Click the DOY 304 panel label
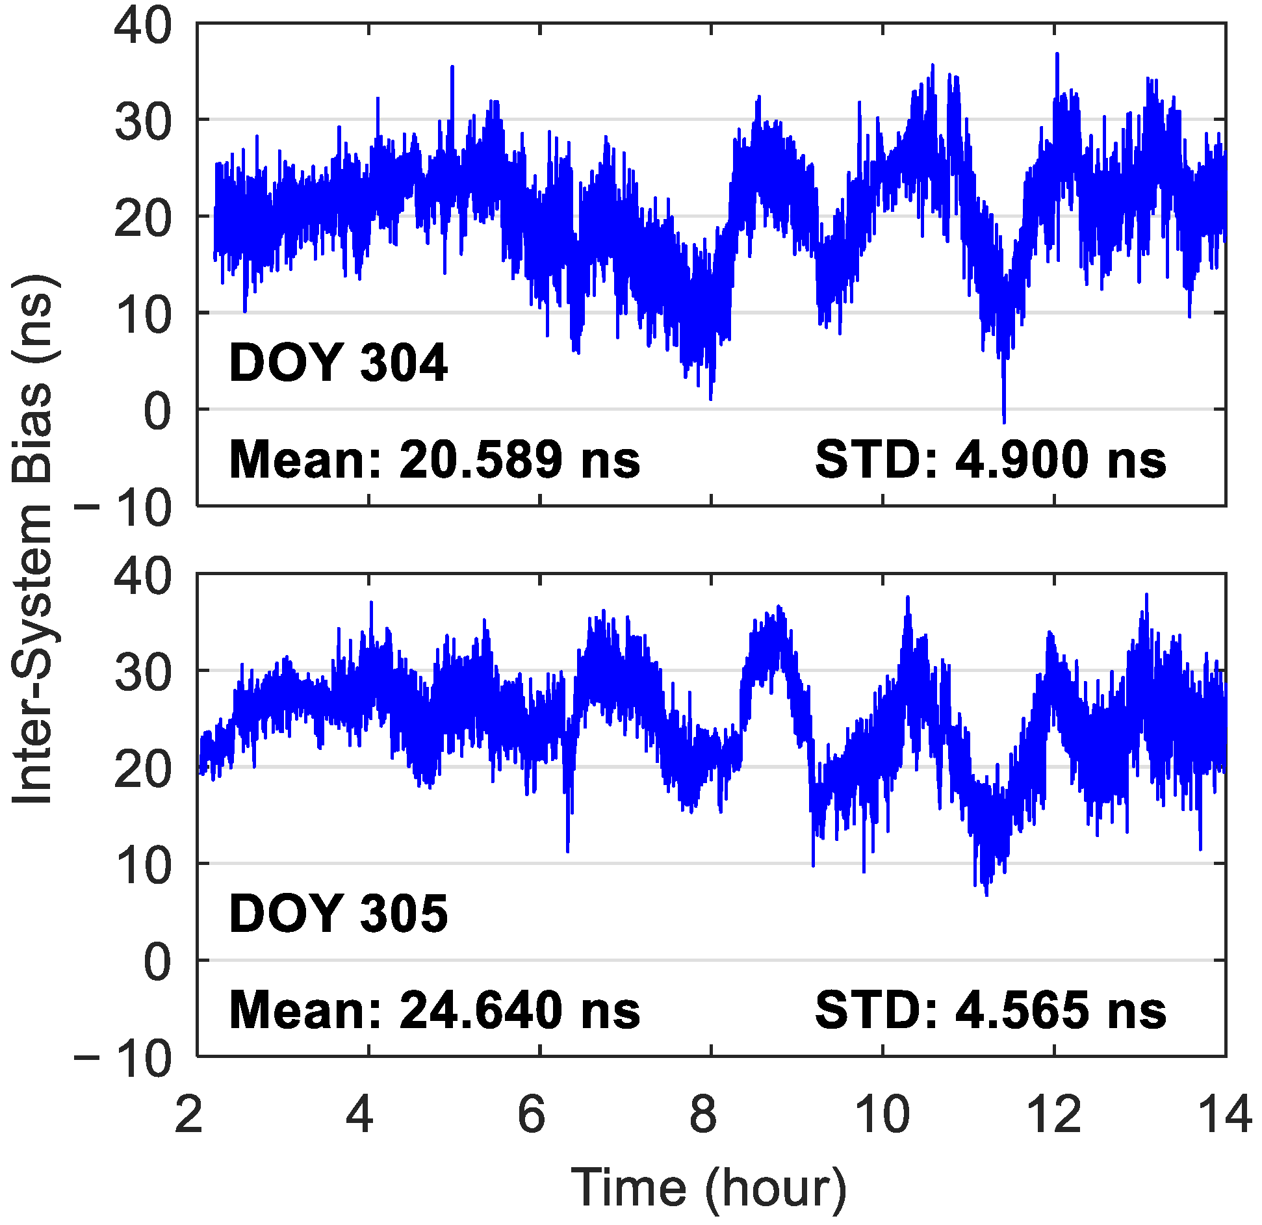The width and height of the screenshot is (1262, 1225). point(338,363)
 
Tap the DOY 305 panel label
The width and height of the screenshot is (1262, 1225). point(338,913)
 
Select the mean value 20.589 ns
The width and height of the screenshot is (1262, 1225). point(434,460)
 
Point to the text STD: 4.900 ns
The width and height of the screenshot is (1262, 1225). point(990,460)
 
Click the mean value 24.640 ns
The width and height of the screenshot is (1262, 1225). point(434,1011)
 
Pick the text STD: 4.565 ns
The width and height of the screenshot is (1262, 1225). point(990,1011)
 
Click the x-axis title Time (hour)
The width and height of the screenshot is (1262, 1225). point(708,1187)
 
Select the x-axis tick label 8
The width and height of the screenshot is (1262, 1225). point(702,1114)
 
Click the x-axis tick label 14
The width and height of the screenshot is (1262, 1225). point(1224,1114)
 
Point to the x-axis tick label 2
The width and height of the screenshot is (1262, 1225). point(188,1114)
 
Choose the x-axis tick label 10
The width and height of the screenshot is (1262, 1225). point(882,1114)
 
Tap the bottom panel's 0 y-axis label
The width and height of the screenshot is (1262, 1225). point(157,962)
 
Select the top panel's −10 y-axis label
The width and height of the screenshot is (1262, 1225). point(123,508)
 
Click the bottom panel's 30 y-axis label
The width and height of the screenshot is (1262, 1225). point(143,673)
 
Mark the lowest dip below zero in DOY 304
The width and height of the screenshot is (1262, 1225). point(1004,420)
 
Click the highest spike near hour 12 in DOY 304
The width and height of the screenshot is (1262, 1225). point(1057,55)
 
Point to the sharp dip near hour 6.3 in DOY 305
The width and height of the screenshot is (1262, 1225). point(567,849)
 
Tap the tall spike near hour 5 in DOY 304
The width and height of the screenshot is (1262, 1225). point(452,68)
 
